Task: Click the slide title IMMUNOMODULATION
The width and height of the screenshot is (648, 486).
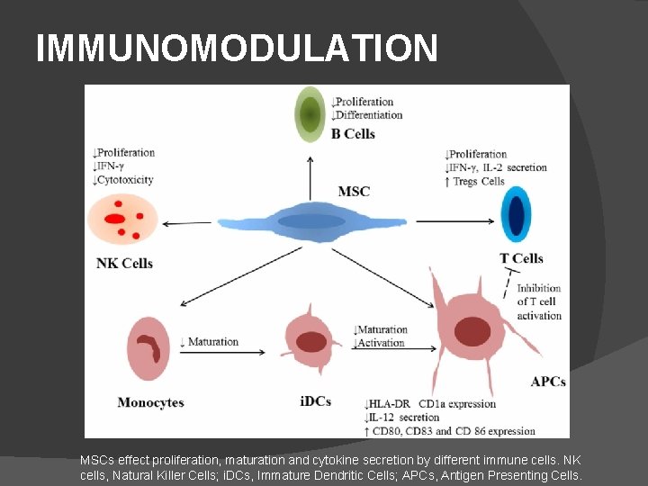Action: [x=237, y=48]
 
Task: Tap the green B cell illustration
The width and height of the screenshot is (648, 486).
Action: [x=310, y=114]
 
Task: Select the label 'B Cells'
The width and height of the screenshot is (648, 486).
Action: [x=353, y=134]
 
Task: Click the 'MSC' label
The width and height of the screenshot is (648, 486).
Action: [x=354, y=192]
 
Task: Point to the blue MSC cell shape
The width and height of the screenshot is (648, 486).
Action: [x=310, y=221]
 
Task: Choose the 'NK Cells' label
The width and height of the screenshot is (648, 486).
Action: [x=124, y=264]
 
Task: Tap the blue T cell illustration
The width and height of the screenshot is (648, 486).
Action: [x=516, y=214]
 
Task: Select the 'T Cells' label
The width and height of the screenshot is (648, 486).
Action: [x=521, y=258]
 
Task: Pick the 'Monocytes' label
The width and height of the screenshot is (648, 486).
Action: [x=150, y=402]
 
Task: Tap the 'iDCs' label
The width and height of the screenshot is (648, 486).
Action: [x=315, y=402]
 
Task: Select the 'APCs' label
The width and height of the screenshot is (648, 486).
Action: [x=548, y=382]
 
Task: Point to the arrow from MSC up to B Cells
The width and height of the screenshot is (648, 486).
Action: [x=310, y=175]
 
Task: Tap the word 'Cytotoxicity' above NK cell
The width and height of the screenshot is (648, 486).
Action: [x=126, y=179]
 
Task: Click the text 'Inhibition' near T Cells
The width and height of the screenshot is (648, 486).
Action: [x=539, y=289]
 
